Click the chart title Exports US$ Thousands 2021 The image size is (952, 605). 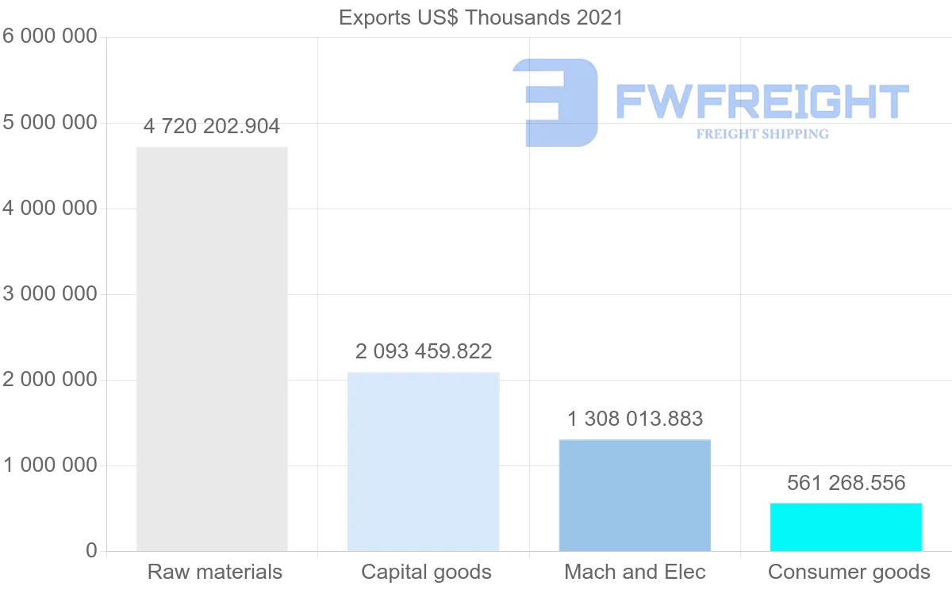[x=481, y=17]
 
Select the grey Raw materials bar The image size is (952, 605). [x=212, y=349]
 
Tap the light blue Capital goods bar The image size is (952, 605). [x=423, y=461]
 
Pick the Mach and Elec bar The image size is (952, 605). [x=635, y=495]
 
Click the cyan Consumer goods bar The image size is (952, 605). [x=846, y=527]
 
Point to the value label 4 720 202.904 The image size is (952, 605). [x=212, y=126]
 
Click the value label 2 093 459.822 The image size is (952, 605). [x=424, y=351]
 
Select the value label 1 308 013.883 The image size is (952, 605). [x=635, y=419]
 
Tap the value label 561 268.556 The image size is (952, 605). [x=846, y=483]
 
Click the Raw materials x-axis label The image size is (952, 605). [x=215, y=572]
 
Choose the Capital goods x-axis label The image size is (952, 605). [x=426, y=572]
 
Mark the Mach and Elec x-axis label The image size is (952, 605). [x=635, y=572]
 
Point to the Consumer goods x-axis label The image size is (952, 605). [x=849, y=572]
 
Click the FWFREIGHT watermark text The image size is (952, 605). [x=762, y=101]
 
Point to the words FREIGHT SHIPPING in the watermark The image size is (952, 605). [x=762, y=134]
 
